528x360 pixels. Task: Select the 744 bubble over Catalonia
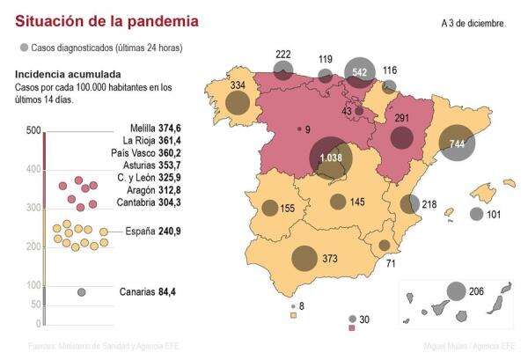point(457,143)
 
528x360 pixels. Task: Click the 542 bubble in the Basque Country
point(359,72)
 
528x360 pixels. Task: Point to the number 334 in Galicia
point(237,85)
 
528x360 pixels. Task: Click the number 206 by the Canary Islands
point(476,290)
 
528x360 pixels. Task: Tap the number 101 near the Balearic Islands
point(494,214)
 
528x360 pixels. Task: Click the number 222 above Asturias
point(283,55)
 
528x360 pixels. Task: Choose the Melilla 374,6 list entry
point(150,128)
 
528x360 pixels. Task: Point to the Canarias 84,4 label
point(148,291)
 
